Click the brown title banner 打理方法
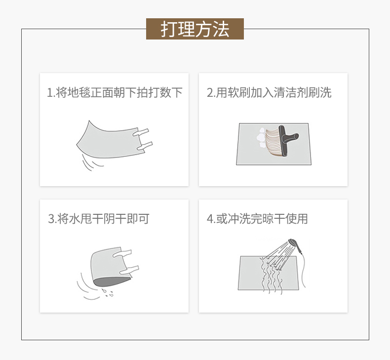pos(195,29)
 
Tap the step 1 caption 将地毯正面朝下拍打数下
pos(119,92)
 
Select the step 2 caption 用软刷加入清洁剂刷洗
pos(273,92)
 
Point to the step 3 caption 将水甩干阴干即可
pos(103,219)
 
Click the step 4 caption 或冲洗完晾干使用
pos(262,219)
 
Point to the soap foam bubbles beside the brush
pos(261,138)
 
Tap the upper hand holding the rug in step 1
pos(141,132)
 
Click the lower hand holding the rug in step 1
pos(144,147)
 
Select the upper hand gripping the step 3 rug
pos(122,253)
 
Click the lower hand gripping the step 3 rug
pos(129,270)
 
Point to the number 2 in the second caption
pos(210,93)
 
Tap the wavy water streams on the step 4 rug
pos(271,276)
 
